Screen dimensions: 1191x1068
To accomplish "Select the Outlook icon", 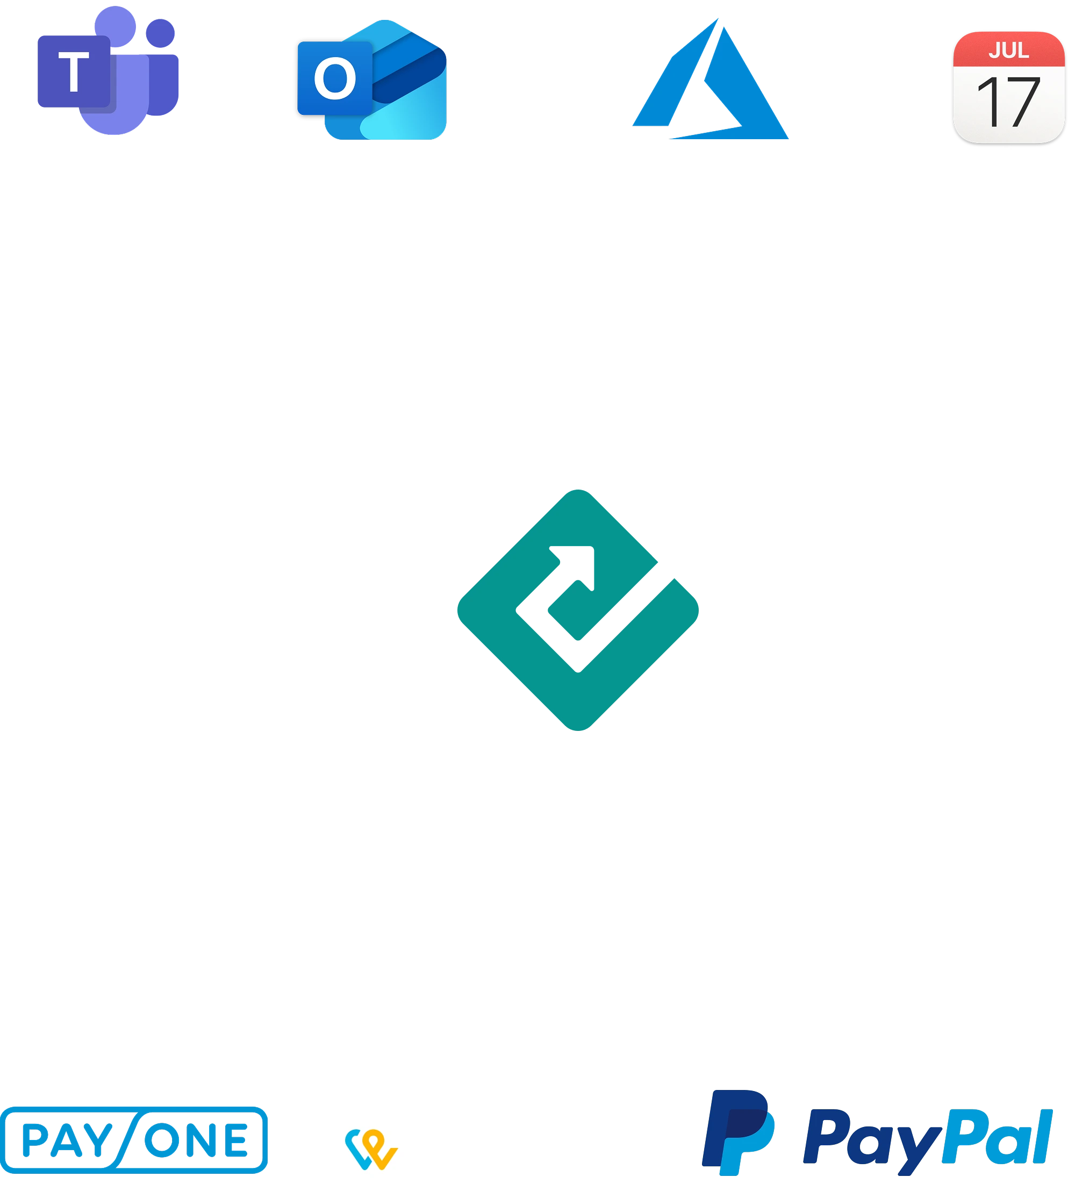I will [x=372, y=79].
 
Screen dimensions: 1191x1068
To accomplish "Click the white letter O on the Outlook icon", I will [x=334, y=78].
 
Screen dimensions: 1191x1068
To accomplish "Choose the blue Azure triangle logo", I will [x=711, y=82].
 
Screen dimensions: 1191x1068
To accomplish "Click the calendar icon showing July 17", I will [x=1008, y=87].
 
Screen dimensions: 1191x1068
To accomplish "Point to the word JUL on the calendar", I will [x=1008, y=51].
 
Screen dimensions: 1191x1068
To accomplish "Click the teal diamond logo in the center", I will [x=578, y=610].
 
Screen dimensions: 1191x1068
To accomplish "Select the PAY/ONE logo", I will [x=134, y=1139].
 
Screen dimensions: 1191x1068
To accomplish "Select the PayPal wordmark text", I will [x=927, y=1138].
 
